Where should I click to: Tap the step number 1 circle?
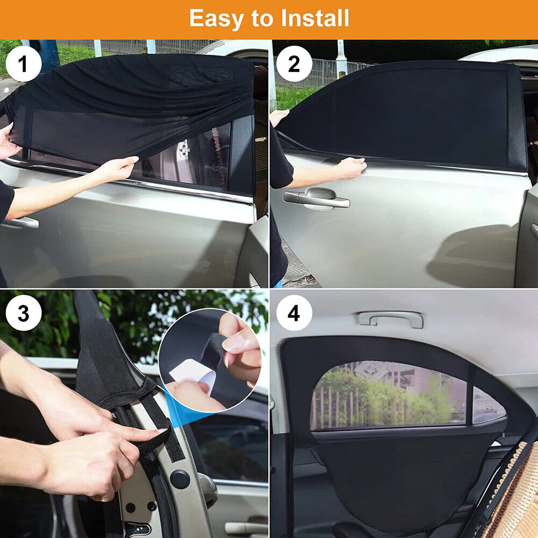point(23,64)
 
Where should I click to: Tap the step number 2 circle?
point(294,64)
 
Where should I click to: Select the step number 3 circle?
point(23,313)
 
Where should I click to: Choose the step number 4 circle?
point(294,313)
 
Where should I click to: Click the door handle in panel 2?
point(316,199)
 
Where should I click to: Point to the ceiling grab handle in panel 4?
point(391,318)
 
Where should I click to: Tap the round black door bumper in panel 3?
point(180,479)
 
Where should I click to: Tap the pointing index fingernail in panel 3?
point(162,431)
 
